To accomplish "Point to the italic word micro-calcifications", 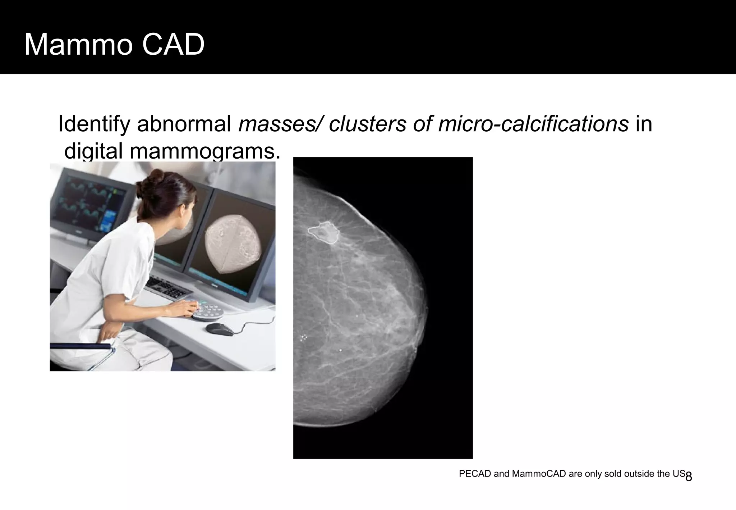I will [533, 124].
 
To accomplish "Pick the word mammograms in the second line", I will [204, 151].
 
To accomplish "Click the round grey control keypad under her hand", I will [208, 313].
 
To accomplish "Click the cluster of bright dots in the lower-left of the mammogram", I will [304, 337].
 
